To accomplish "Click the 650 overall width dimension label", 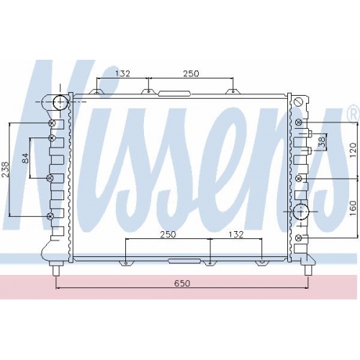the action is (182, 283).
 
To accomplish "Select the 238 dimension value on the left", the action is (5, 169).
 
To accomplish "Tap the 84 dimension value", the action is (25, 158).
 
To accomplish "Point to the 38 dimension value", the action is (322, 142).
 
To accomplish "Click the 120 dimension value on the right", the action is (353, 150).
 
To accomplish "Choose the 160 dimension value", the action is (353, 208).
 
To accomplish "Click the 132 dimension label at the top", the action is (122, 73).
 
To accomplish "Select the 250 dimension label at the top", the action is (192, 73).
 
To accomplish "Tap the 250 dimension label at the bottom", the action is (168, 234).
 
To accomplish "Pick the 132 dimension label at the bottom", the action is (236, 234).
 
